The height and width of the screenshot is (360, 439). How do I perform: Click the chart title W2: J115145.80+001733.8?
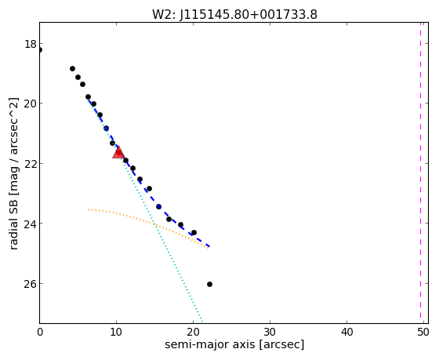pos(234,15)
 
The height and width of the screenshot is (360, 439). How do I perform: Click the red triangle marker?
pos(118,152)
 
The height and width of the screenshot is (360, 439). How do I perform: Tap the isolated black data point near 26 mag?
pos(209,285)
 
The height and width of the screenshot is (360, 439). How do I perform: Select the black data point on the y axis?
pos(40,50)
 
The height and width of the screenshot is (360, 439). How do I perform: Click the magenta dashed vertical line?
pos(420,171)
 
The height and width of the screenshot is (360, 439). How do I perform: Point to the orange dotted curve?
pos(147,221)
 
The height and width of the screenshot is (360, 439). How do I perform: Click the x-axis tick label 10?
pos(116,333)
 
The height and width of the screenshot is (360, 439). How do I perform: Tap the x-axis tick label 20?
pos(193,333)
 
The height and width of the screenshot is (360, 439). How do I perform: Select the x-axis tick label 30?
pos(270,333)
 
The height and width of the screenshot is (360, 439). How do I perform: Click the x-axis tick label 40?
pos(346,333)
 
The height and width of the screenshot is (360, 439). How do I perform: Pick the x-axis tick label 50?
pos(423,333)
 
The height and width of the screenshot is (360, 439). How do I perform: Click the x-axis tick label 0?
pos(40,333)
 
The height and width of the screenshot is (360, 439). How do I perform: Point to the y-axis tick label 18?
pos(31,44)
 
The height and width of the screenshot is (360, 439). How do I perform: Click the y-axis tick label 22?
pos(31,164)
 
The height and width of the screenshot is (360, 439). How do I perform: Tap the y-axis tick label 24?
pos(31,224)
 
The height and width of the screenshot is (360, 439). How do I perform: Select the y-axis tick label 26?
pos(31,283)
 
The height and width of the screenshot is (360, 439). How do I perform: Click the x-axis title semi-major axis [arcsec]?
pos(234,344)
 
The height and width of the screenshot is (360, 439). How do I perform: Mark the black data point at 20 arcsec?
pos(194,232)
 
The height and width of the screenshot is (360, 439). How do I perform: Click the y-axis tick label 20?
pos(31,104)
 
